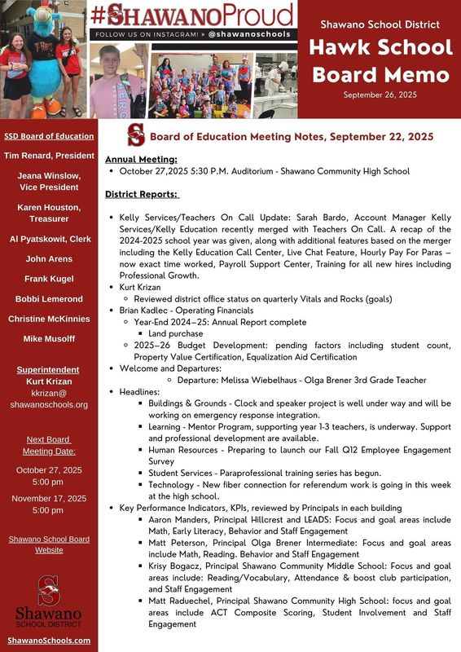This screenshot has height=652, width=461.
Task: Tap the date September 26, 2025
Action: pyautogui.click(x=379, y=95)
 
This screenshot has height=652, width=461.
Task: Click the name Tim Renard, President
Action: pyautogui.click(x=49, y=155)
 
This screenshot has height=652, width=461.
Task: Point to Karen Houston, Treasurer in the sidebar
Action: pyautogui.click(x=49, y=214)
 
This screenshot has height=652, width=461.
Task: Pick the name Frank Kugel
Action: pyautogui.click(x=49, y=279)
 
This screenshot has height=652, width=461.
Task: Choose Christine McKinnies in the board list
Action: pyautogui.click(x=49, y=319)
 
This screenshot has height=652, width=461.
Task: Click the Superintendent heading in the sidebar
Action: pyautogui.click(x=49, y=370)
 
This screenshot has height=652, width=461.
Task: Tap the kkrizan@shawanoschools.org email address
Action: pyautogui.click(x=49, y=399)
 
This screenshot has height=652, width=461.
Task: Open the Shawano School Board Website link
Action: pyautogui.click(x=49, y=544)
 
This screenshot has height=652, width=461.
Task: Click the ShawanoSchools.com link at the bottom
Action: pyautogui.click(x=49, y=641)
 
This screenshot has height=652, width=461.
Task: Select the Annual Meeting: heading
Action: pyautogui.click(x=141, y=160)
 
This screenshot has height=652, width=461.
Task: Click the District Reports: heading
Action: pyautogui.click(x=143, y=195)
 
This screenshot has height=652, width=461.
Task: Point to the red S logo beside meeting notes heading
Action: pyautogui.click(x=135, y=135)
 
